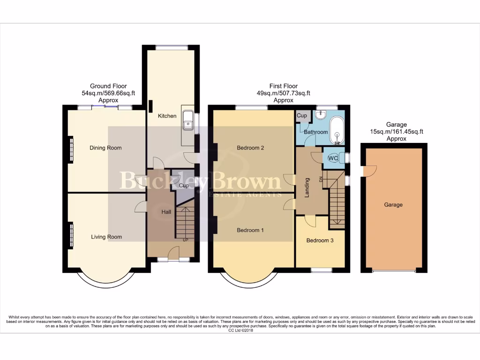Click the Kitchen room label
click(167, 116)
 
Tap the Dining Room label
click(105, 148)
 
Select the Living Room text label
click(106, 237)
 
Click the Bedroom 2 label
click(250, 148)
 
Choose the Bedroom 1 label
click(250, 230)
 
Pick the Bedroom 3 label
click(320, 240)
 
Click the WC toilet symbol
click(333, 158)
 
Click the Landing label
click(307, 187)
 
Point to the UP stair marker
click(185, 240)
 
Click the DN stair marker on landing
click(321, 179)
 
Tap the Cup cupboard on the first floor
click(302, 116)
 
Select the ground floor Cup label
click(184, 186)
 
